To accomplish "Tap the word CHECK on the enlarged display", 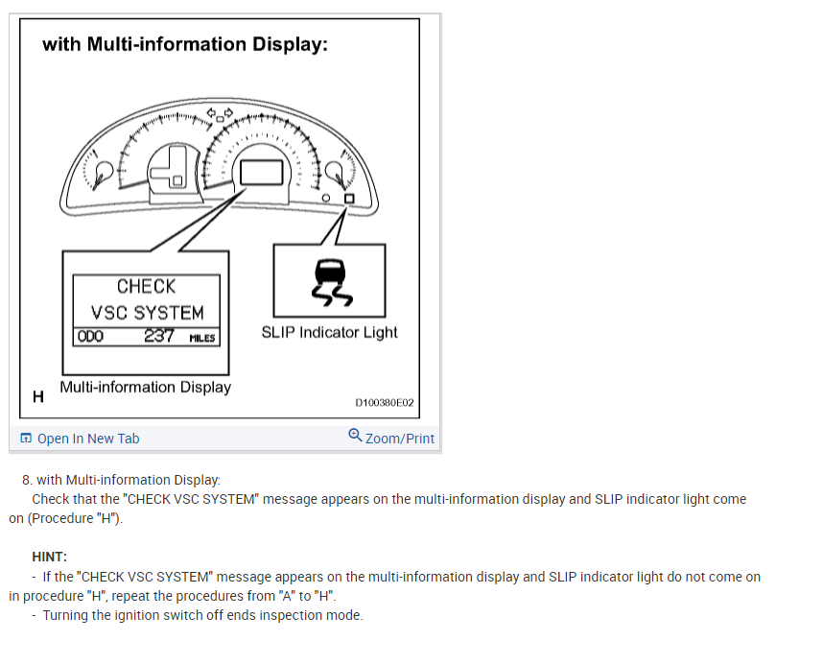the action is pyautogui.click(x=146, y=286).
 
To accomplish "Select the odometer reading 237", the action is pyautogui.click(x=159, y=336).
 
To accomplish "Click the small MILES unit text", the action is pyautogui.click(x=202, y=338).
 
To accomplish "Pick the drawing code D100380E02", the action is pyautogui.click(x=384, y=403).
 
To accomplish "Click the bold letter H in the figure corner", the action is pyautogui.click(x=38, y=395).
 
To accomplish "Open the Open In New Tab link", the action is pyautogui.click(x=87, y=439).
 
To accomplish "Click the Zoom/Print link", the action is pyautogui.click(x=399, y=439).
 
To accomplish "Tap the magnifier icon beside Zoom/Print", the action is pyautogui.click(x=355, y=436).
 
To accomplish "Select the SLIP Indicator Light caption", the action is pyautogui.click(x=329, y=333).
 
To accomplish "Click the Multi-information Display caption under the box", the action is pyautogui.click(x=145, y=387).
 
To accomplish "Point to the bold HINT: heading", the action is pyautogui.click(x=50, y=557).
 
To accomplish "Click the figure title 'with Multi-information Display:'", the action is pyautogui.click(x=184, y=44).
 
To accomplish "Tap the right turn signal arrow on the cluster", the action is pyautogui.click(x=229, y=112).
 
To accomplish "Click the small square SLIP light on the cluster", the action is pyautogui.click(x=348, y=199).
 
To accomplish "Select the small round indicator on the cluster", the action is pyautogui.click(x=328, y=200).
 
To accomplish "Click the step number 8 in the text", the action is pyautogui.click(x=26, y=480).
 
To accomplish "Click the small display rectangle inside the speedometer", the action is pyautogui.click(x=262, y=173).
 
